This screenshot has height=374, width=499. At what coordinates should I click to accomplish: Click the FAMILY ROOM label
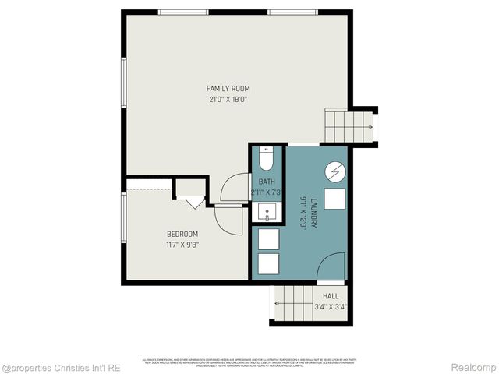pos(228,89)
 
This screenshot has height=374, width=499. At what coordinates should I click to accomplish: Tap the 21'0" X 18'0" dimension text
pos(228,99)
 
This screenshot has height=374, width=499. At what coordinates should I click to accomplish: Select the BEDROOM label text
pos(182,234)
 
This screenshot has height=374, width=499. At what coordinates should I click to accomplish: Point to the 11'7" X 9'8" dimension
pos(182,244)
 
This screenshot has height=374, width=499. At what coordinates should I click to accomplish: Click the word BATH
pos(267,182)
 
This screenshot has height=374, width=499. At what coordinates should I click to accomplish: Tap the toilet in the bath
pos(267,161)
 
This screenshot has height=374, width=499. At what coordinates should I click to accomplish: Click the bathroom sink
pos(267,211)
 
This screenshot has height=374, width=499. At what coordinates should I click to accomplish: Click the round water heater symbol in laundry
pos(335,171)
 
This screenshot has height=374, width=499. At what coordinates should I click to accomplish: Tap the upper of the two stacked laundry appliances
pos(269,238)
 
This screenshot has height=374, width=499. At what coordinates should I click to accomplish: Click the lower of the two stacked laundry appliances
pos(269,263)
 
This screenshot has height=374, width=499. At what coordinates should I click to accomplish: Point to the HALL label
pos(331,296)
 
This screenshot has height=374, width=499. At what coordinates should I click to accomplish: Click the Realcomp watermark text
pos(474,366)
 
